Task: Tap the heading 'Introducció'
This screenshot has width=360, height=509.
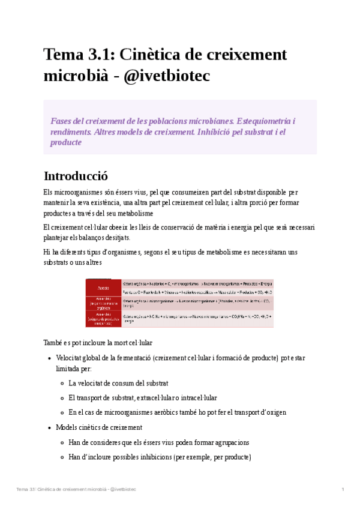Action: (75, 176)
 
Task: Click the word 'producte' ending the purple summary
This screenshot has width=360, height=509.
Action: (66, 142)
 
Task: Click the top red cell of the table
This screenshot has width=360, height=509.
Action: (103, 283)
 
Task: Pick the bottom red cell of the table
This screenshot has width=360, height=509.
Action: (103, 319)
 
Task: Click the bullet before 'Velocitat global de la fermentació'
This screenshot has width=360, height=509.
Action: (49, 358)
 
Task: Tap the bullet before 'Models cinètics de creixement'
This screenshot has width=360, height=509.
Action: (49, 428)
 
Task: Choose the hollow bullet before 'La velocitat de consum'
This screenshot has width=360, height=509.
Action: (62, 383)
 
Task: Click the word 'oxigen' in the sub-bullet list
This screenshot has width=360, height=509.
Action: (274, 412)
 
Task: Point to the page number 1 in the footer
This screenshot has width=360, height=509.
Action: (343, 489)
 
